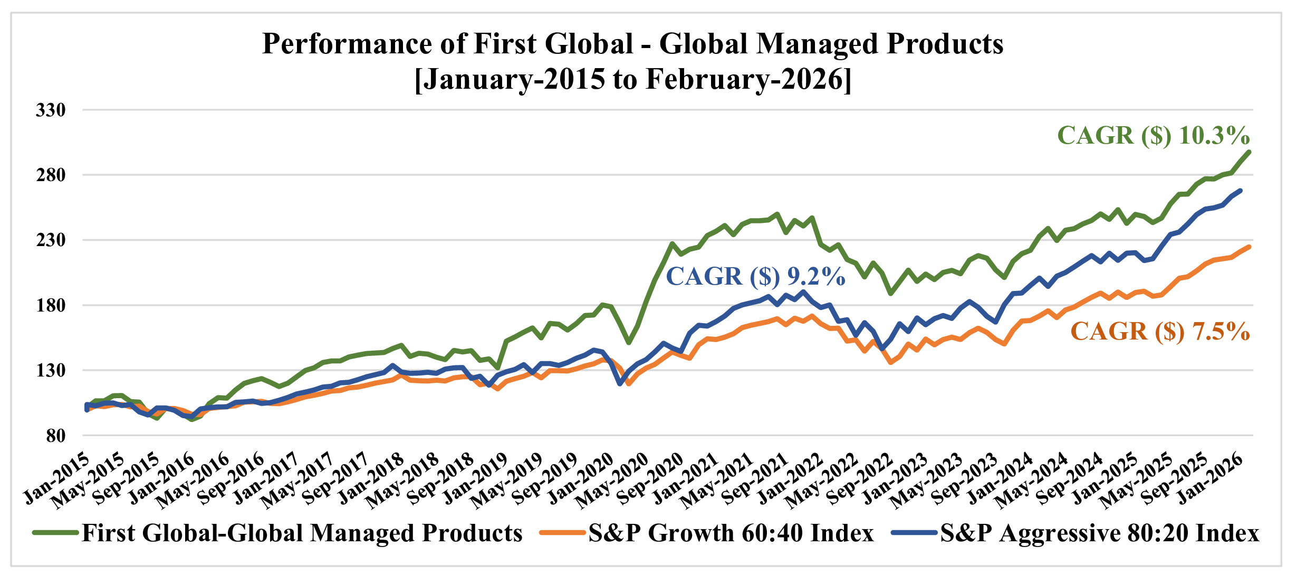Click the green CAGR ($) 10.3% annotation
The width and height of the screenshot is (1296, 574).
(x=1153, y=136)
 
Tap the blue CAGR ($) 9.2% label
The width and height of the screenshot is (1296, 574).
(x=755, y=277)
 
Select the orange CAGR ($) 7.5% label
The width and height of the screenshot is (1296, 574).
(x=1160, y=332)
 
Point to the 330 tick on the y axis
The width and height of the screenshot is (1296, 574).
(x=51, y=110)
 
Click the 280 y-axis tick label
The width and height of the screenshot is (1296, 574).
(x=51, y=175)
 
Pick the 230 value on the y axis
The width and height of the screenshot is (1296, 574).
(x=51, y=240)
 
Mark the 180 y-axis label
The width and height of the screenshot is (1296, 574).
(x=51, y=305)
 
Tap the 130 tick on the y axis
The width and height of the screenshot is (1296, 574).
(x=51, y=370)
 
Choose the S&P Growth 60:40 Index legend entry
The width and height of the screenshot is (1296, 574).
(x=731, y=533)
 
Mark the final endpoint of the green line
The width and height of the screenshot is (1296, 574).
(x=1249, y=152)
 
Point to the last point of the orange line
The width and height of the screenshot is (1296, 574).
(x=1249, y=247)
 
